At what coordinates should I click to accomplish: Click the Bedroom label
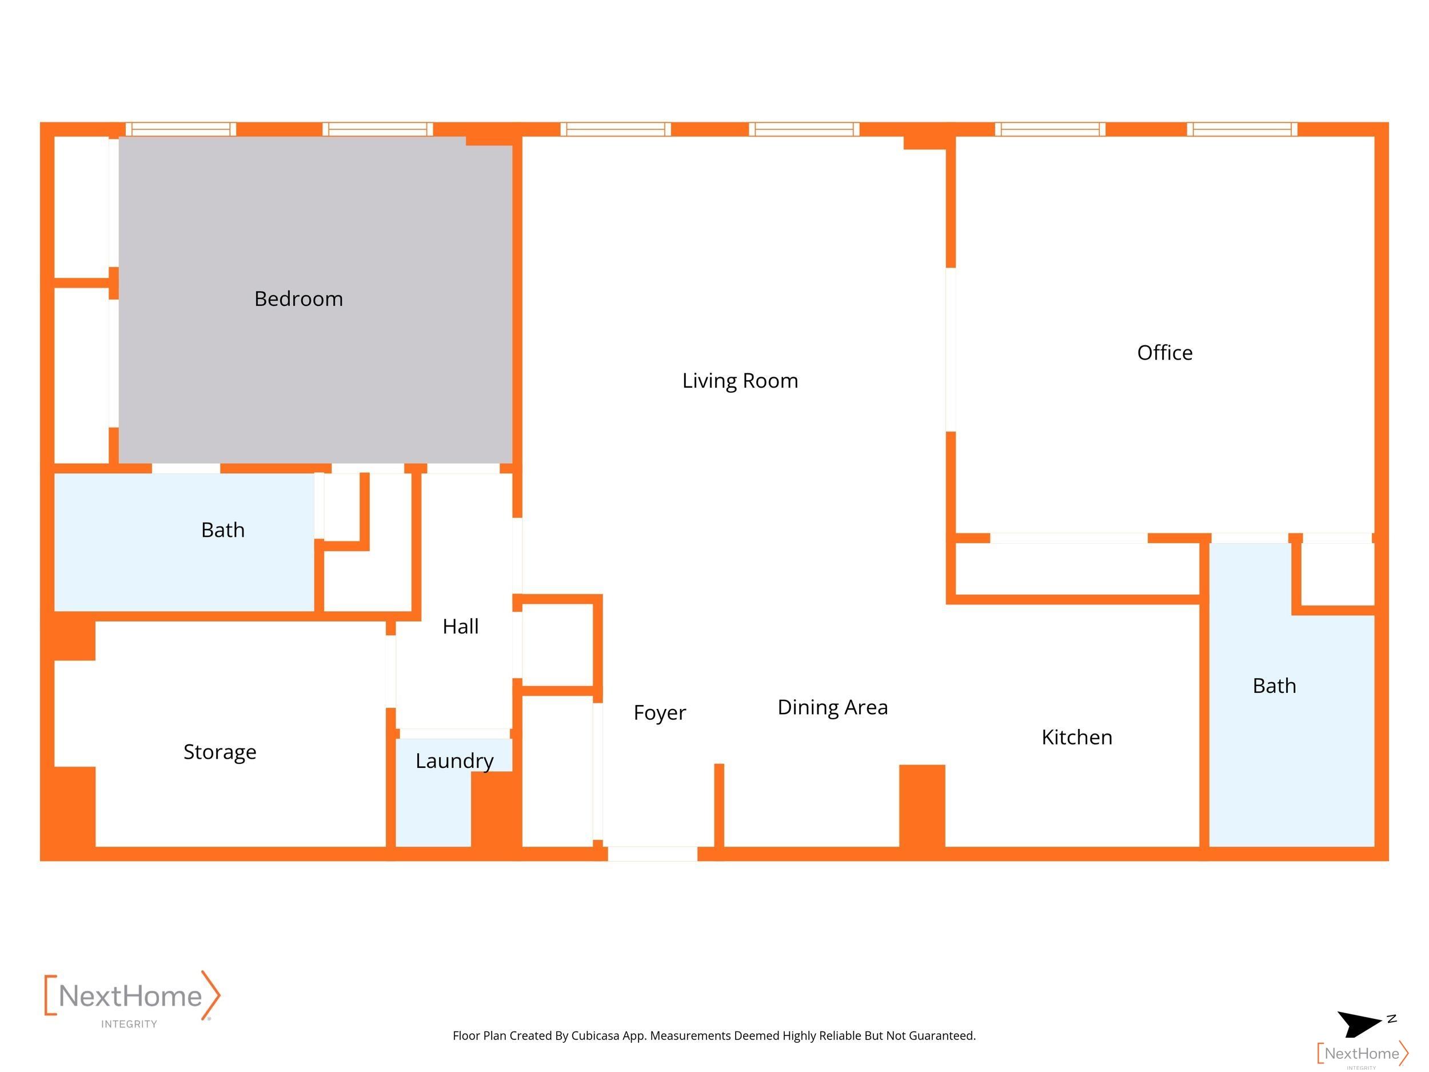(298, 299)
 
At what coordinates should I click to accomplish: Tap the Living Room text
(740, 381)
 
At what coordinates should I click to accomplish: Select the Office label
(1165, 353)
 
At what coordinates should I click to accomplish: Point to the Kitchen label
(1077, 738)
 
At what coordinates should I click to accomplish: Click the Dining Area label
(833, 708)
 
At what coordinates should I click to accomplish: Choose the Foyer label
(660, 713)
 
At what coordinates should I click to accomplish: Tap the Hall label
(461, 626)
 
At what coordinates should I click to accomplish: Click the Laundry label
(454, 761)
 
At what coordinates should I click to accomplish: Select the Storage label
(219, 752)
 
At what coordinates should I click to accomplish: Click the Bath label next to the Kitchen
(1274, 686)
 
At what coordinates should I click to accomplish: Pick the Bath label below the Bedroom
(223, 530)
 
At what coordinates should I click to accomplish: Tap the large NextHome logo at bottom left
(133, 998)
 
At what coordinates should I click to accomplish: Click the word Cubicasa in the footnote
(595, 1036)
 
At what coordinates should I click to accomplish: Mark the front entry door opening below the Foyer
(653, 853)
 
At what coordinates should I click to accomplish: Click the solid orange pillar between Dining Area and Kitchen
(922, 805)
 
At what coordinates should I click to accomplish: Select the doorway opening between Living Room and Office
(951, 349)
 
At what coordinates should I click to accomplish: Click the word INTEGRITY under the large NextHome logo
(129, 1024)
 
